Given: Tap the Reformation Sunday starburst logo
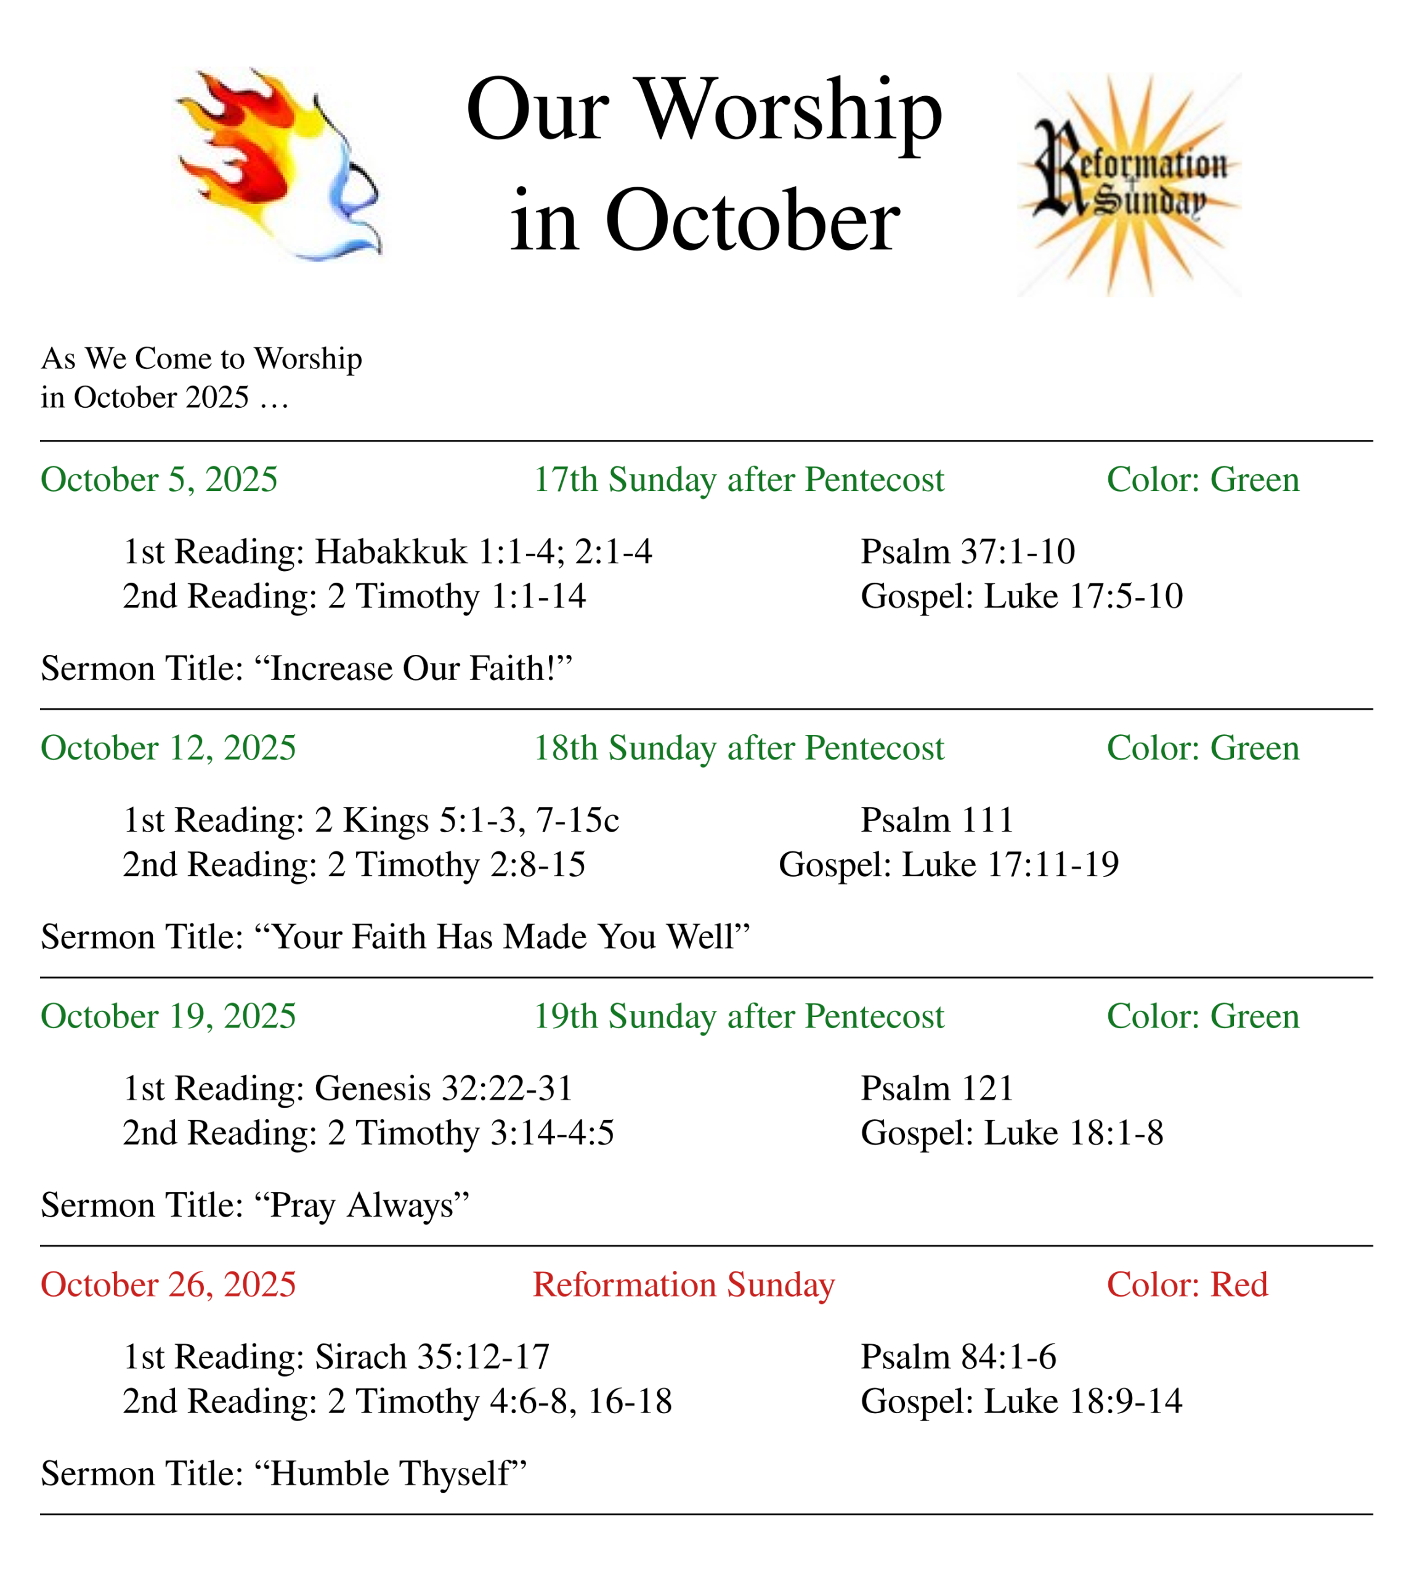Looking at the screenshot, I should (x=1129, y=185).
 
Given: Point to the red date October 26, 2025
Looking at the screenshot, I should (x=168, y=1284).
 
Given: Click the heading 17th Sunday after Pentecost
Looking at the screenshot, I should (x=738, y=480).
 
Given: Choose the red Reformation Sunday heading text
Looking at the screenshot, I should (x=683, y=1284).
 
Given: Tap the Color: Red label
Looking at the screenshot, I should (x=1186, y=1284).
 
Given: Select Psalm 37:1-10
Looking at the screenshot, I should (x=967, y=552).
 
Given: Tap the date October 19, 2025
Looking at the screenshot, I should (x=168, y=1016).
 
